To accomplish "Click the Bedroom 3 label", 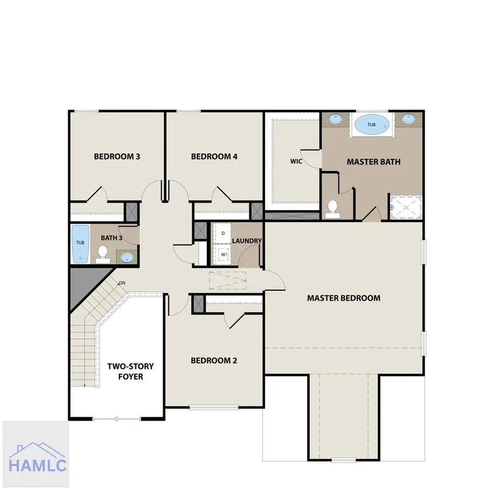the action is point(117,156).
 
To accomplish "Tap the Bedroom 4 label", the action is point(214,156).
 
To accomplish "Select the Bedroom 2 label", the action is point(214,360).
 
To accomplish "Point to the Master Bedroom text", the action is point(344,298).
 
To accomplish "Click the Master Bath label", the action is point(373,162).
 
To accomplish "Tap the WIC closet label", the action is point(296,161).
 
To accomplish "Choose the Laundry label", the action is point(247,241).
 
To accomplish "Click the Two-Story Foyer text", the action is point(131,371).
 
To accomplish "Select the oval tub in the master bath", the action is point(371,125).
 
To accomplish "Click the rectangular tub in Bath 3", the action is point(81,244).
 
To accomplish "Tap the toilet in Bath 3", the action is point(102,254).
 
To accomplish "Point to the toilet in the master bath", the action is point(332,209).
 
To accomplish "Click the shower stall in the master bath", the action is point(406,207).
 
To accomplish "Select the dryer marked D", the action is point(223,233).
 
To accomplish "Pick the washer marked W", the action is point(223,254).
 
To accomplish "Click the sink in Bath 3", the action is point(127,258).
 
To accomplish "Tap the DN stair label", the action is point(122,283).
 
